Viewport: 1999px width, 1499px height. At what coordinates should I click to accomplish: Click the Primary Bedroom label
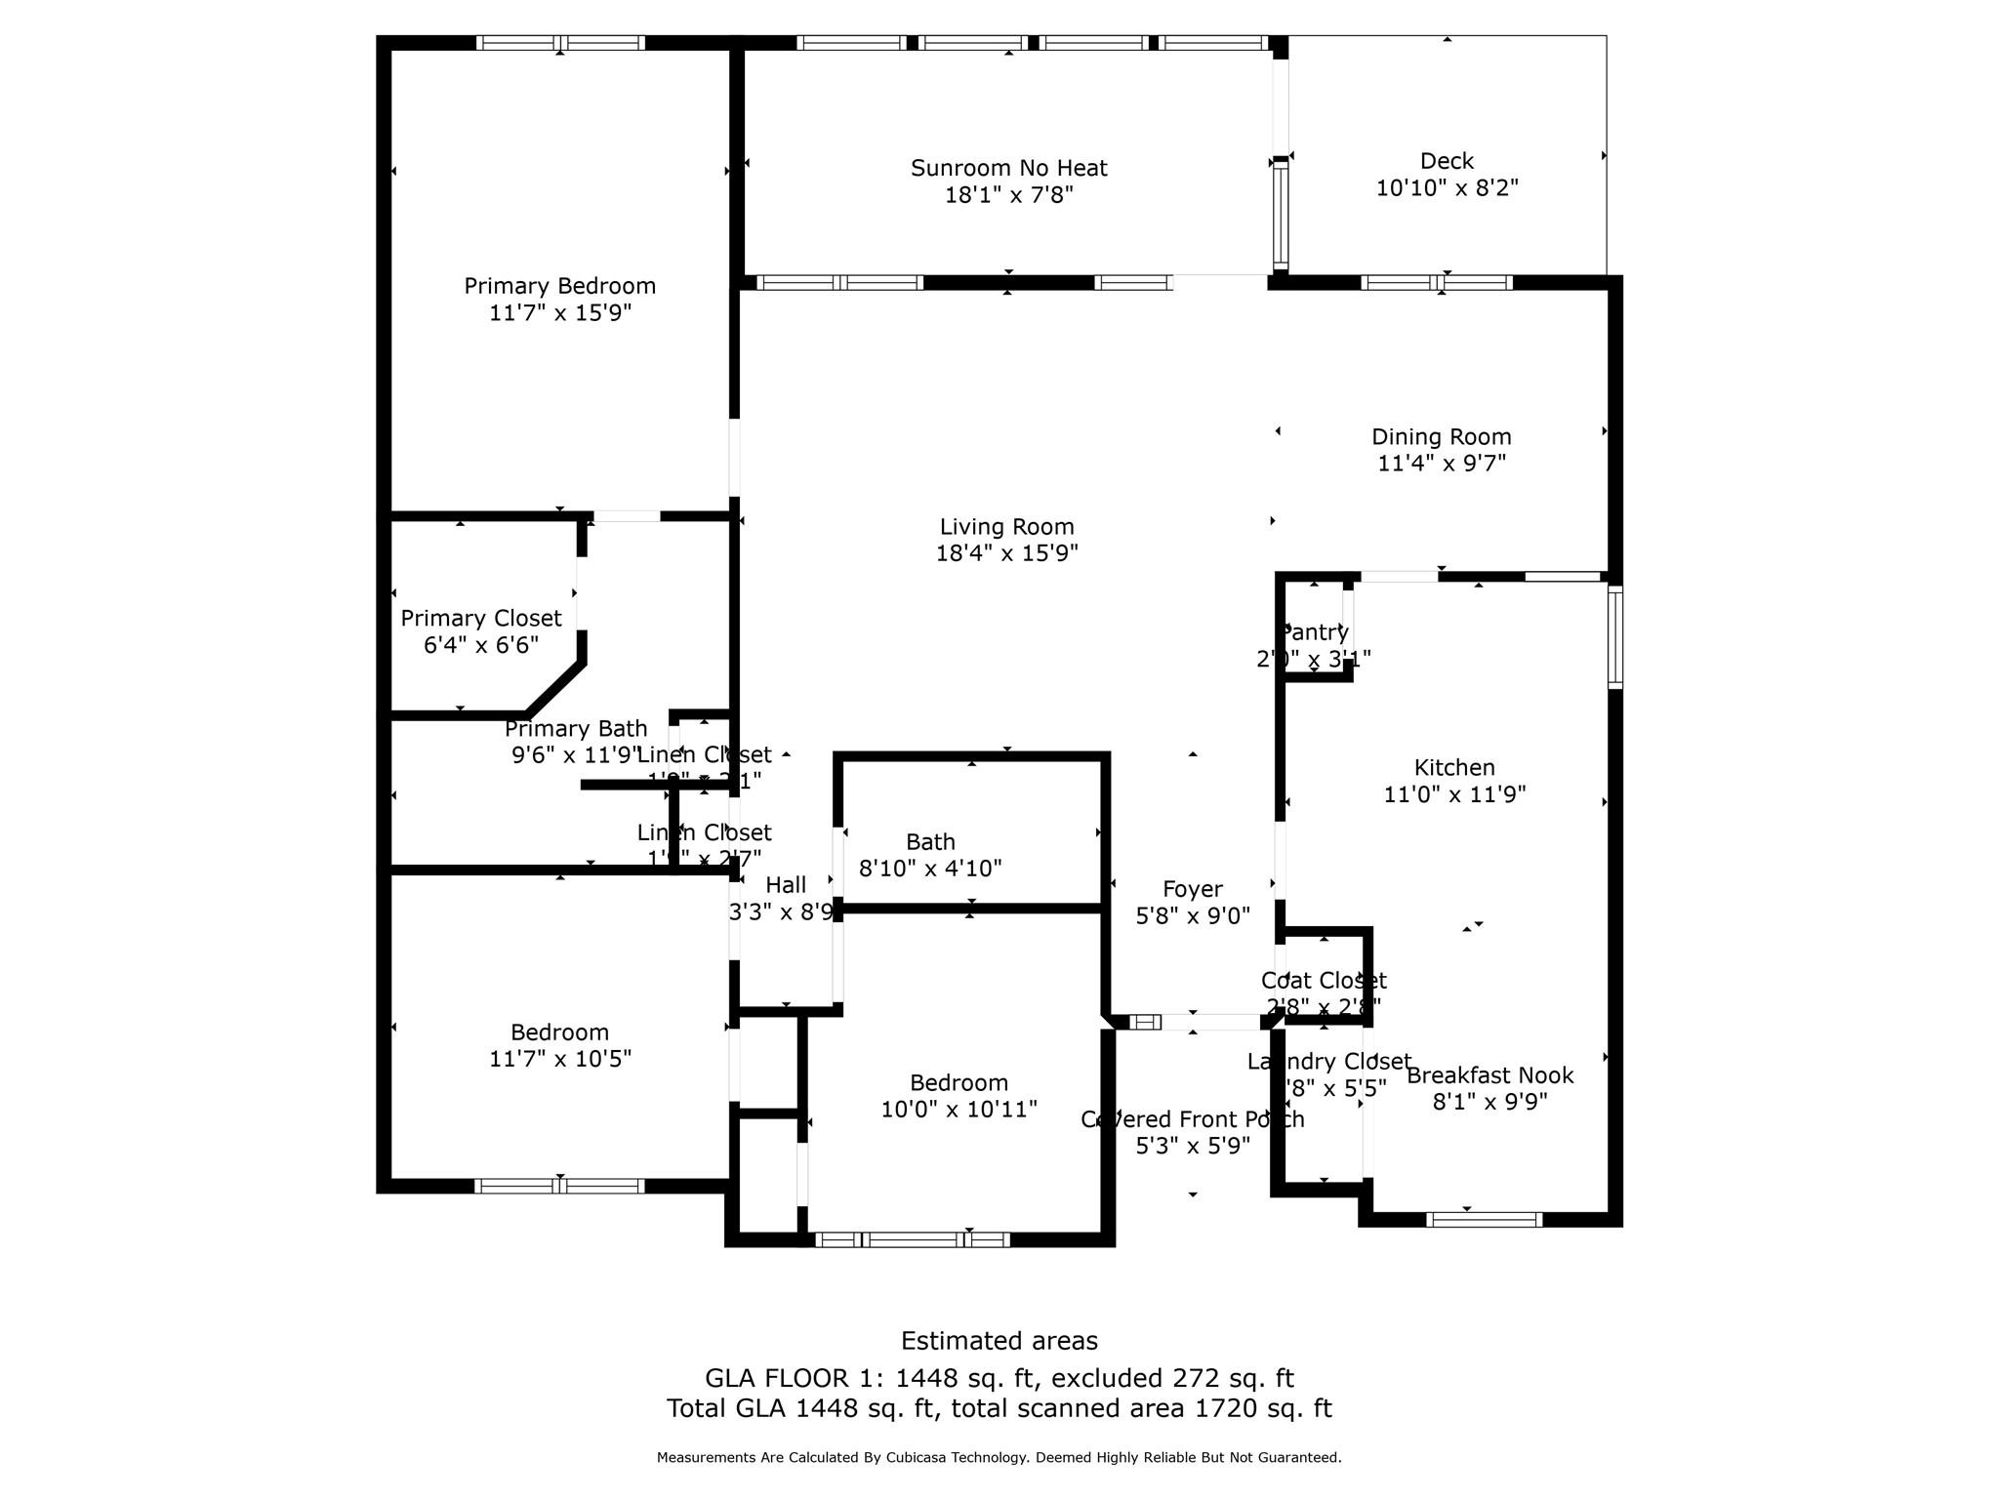(559, 286)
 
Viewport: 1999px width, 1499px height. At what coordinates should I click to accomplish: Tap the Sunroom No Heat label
(1008, 168)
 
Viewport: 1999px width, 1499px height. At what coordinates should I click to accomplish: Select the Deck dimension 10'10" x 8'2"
(1447, 187)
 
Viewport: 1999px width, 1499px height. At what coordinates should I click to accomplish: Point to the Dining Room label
(1441, 437)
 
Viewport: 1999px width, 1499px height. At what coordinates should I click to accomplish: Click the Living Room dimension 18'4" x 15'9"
(1006, 553)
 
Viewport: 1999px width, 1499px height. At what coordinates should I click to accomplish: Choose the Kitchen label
(1454, 768)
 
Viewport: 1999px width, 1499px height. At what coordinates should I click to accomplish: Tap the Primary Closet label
(480, 619)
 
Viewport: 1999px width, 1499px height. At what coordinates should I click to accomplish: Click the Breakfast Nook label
(1489, 1075)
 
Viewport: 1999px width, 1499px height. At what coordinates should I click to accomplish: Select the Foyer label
(1192, 889)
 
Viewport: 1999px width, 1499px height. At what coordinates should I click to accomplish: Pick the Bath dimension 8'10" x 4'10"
(929, 869)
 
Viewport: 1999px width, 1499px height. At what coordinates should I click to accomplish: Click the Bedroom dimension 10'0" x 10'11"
(959, 1110)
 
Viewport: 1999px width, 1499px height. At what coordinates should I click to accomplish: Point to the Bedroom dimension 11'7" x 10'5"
(559, 1059)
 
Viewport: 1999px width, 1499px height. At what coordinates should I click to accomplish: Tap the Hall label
(786, 885)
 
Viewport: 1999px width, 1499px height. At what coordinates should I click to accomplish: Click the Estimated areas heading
(999, 1341)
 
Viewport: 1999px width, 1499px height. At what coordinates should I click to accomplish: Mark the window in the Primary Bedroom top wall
(559, 43)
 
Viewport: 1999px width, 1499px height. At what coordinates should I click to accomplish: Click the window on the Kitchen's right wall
(1614, 637)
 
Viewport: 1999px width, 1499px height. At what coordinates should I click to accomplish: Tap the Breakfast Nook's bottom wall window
(1483, 1219)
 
